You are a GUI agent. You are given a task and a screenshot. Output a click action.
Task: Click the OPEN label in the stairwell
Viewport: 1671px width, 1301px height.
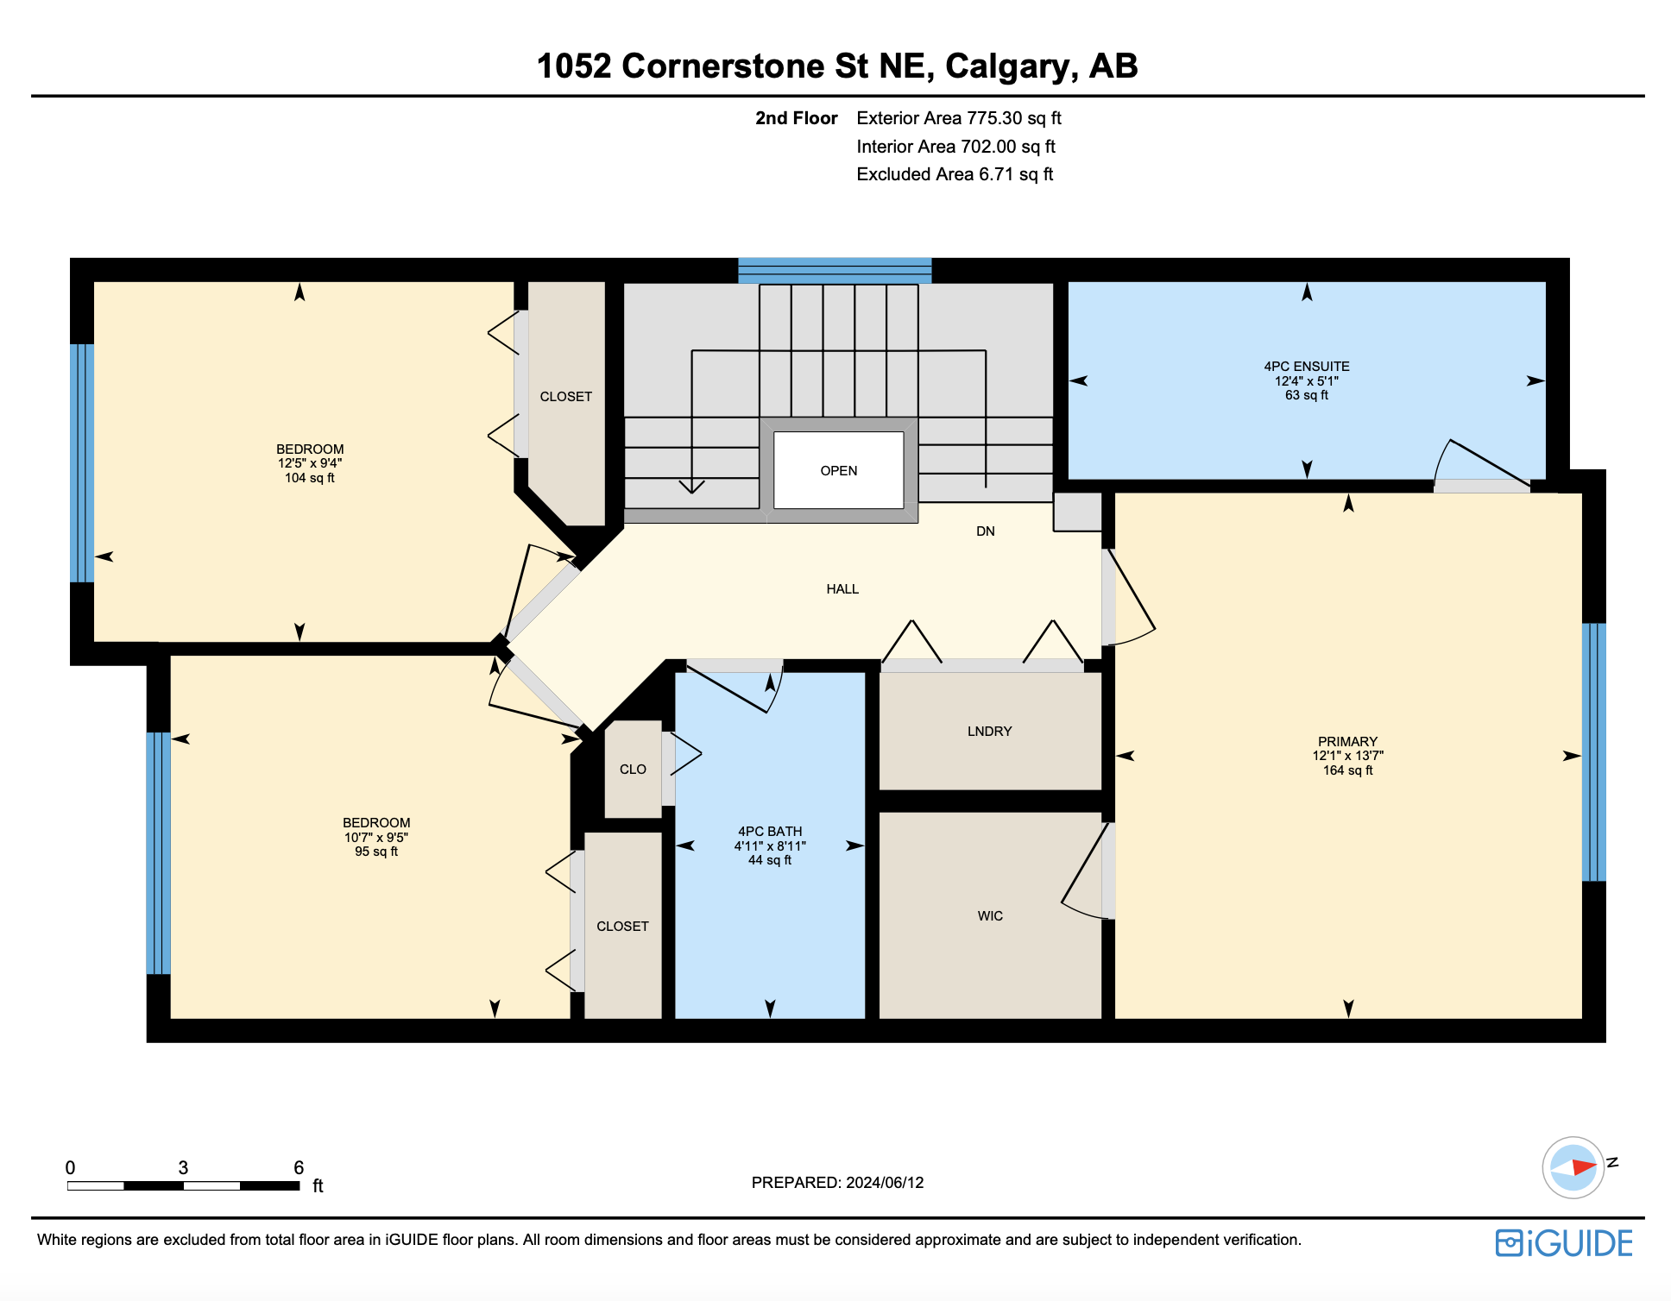click(838, 471)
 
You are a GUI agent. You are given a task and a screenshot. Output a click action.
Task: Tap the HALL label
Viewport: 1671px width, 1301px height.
click(842, 589)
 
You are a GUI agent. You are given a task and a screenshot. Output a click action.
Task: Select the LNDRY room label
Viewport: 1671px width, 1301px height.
click(989, 732)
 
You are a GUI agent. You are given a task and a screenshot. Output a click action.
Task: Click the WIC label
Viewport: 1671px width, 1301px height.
click(990, 916)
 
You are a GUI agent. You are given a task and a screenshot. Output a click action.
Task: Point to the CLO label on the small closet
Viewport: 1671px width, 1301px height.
click(633, 770)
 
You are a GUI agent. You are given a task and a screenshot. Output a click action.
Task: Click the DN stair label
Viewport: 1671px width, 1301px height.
click(986, 531)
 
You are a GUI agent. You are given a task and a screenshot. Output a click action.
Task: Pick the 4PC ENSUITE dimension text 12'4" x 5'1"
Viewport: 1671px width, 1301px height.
click(1307, 381)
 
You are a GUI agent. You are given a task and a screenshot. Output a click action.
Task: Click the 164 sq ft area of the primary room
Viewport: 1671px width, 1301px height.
click(1347, 770)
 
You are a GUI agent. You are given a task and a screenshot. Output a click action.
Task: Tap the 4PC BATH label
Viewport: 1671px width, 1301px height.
click(770, 832)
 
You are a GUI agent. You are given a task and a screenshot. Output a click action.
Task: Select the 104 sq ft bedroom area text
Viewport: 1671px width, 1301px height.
click(309, 478)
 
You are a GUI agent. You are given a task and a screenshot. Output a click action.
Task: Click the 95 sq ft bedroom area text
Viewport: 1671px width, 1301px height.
click(376, 852)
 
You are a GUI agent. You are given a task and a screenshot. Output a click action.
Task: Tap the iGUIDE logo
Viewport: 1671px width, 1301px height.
click(1564, 1243)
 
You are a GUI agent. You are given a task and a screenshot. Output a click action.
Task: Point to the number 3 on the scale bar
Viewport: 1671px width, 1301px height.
click(183, 1168)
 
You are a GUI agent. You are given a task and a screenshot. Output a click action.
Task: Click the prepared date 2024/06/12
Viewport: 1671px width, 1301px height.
click(885, 1183)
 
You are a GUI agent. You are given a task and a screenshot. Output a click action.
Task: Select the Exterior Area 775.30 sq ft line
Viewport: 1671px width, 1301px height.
click(959, 118)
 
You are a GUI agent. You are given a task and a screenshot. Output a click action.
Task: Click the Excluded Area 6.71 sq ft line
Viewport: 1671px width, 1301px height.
click(955, 174)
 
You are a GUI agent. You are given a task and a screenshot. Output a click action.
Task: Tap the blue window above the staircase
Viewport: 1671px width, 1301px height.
click(835, 270)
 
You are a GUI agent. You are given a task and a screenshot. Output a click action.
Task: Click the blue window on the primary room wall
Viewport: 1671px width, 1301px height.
click(1593, 751)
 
